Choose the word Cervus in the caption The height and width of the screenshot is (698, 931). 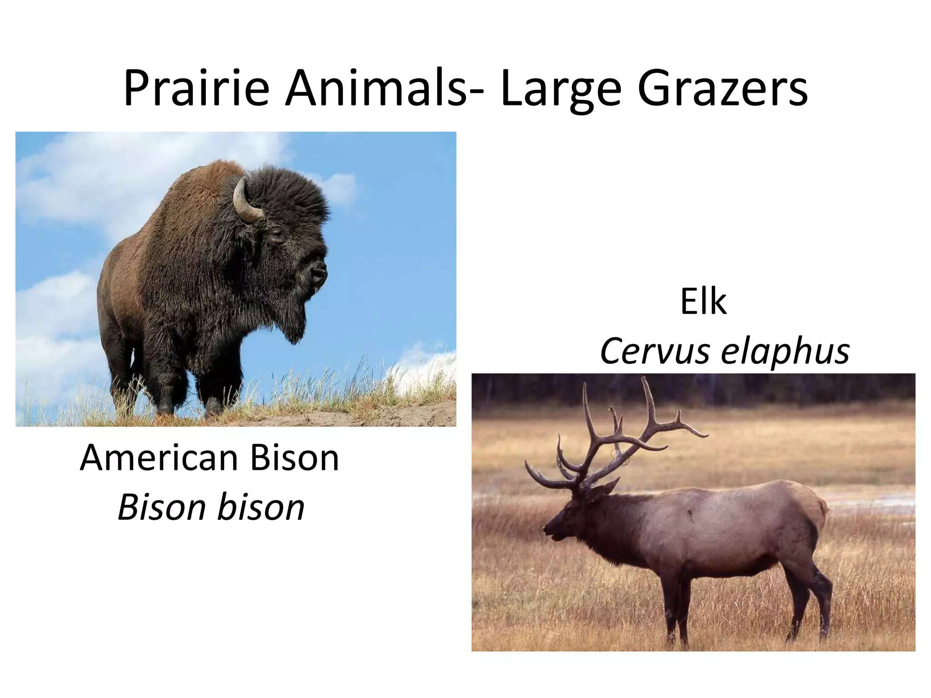click(x=655, y=351)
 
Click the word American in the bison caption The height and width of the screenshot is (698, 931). click(x=158, y=458)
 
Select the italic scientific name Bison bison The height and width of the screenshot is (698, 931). click(x=211, y=508)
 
